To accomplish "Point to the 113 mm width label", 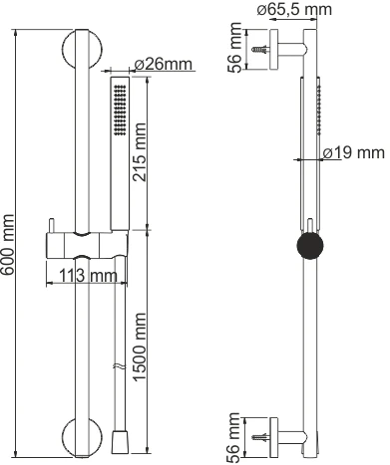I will (84, 275).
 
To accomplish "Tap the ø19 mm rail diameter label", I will (353, 154).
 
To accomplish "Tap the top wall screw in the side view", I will (261, 47).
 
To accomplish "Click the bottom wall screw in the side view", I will (261, 434).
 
